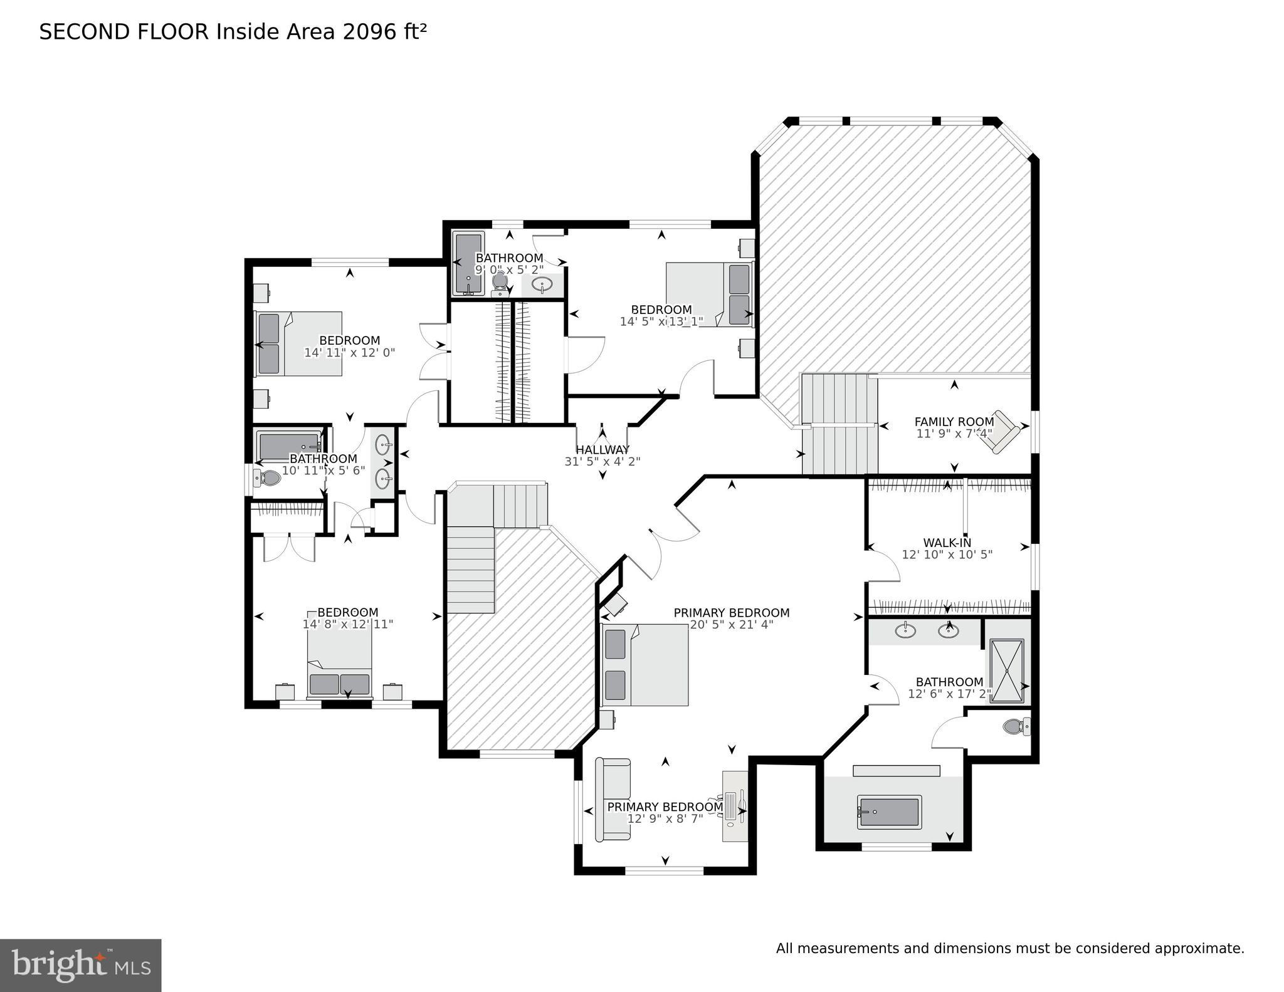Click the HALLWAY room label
click(602, 449)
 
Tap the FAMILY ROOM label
click(954, 422)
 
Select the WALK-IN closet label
click(947, 543)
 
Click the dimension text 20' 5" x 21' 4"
click(731, 624)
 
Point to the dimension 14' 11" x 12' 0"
click(349, 352)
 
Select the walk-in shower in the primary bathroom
click(1006, 671)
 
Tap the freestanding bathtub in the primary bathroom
click(889, 812)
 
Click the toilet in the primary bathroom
click(1015, 727)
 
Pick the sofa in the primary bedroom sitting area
click(613, 800)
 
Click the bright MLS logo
click(80, 964)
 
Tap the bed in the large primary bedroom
click(645, 664)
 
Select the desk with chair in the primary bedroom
click(735, 806)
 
